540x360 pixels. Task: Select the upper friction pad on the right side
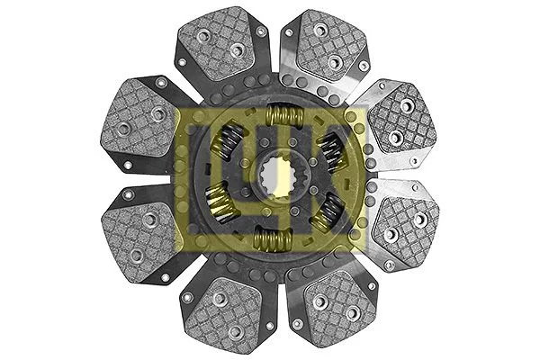pyautogui.click(x=401, y=114)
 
